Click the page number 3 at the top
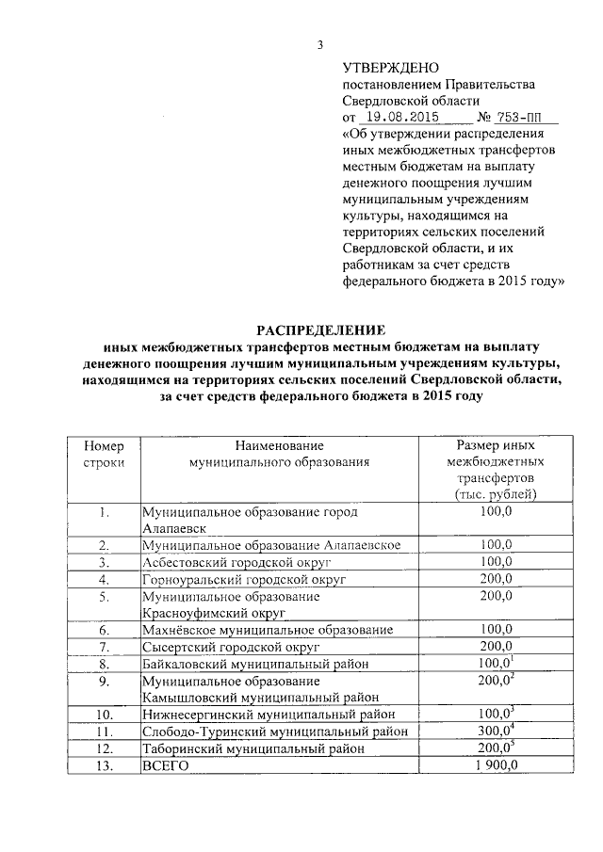click(x=319, y=44)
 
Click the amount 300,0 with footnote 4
click(x=496, y=731)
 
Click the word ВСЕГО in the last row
click(x=165, y=765)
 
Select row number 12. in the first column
click(x=104, y=748)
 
